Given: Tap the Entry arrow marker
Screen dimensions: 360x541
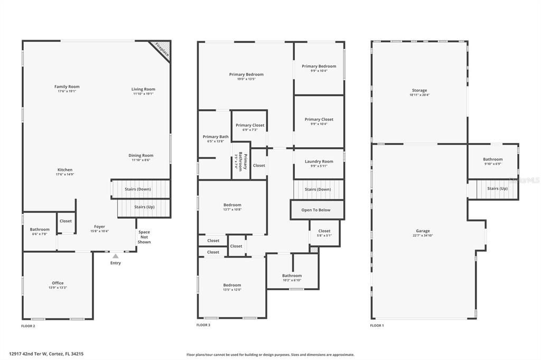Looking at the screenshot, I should [x=115, y=256].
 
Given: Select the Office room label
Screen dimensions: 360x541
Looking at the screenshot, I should [x=58, y=283].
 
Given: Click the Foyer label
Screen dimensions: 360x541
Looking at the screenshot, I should [x=99, y=226].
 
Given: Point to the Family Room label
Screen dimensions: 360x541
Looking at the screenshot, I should [x=67, y=87].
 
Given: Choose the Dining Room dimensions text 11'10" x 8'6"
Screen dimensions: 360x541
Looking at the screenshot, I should [x=141, y=160].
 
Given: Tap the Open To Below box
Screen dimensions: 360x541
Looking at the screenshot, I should [x=316, y=210].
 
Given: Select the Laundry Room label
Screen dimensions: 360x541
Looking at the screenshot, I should [x=319, y=162].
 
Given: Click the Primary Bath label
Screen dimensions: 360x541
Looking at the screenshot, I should [x=216, y=137].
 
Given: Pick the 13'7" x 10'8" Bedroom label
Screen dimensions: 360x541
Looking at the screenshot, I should [x=232, y=205].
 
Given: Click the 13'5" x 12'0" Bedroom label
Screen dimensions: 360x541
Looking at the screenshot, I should [x=232, y=285].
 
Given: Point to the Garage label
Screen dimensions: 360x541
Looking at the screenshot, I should [x=423, y=231].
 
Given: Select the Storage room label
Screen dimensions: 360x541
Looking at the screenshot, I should [x=419, y=90].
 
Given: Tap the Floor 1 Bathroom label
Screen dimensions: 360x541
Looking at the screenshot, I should [x=492, y=159].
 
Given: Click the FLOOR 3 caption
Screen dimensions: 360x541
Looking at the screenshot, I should [x=203, y=326].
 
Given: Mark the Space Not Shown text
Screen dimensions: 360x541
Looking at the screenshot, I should [x=144, y=237].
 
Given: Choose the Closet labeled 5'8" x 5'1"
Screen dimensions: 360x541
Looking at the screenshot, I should [x=324, y=231].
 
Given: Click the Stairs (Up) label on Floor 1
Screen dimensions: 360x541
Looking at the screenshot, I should [x=497, y=188].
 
